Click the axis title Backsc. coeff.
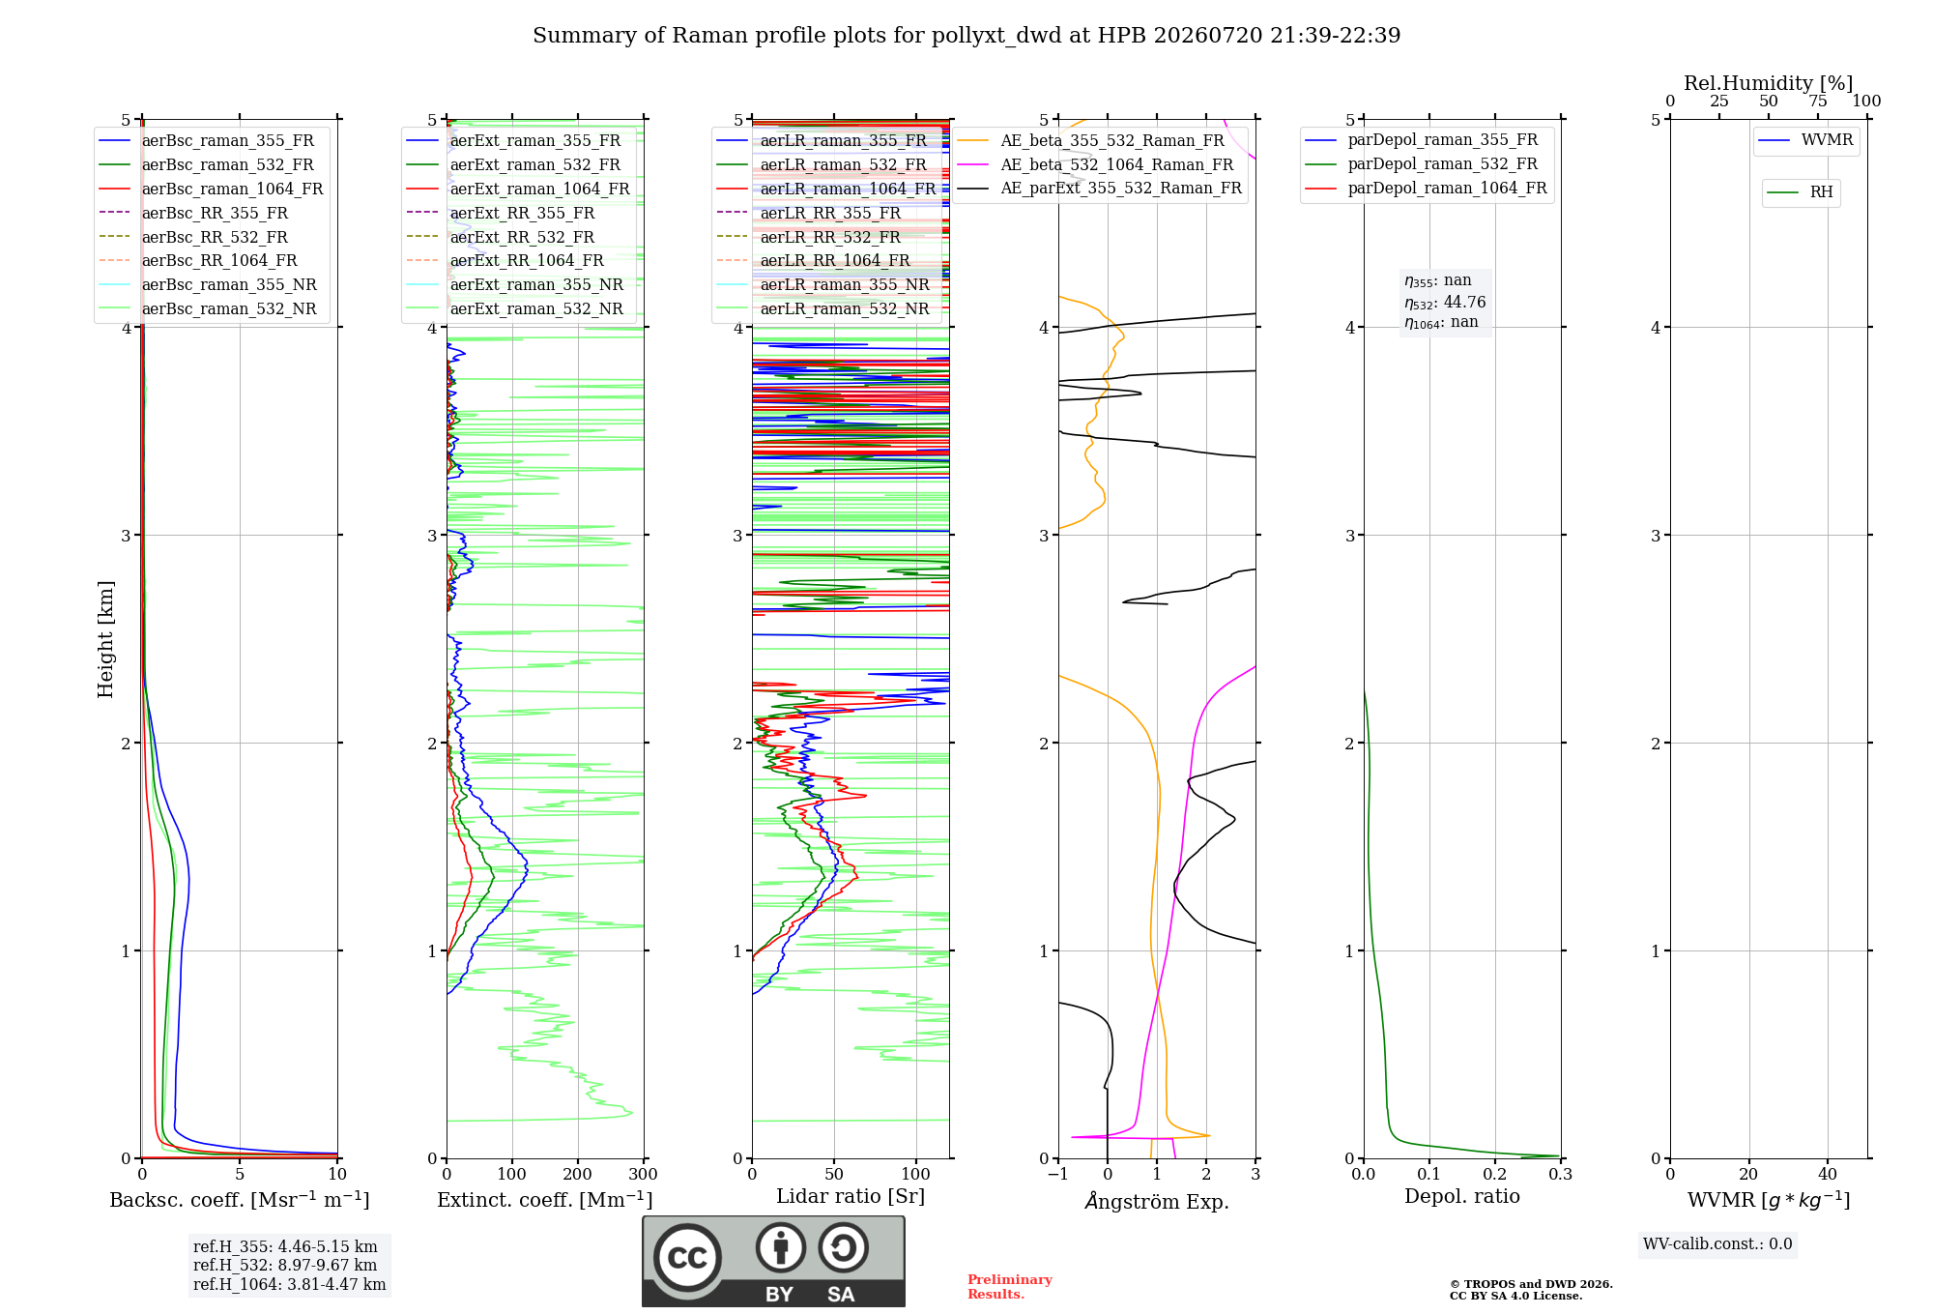click(240, 1200)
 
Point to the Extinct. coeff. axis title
click(545, 1200)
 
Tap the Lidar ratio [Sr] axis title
click(851, 1196)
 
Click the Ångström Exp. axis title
click(1157, 1201)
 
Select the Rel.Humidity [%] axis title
click(1769, 83)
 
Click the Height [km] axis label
click(105, 639)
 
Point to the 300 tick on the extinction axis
click(644, 1175)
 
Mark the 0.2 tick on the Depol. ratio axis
click(1495, 1175)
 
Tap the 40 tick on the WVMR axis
click(1828, 1175)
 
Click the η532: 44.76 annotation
click(1445, 303)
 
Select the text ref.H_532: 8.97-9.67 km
click(285, 1265)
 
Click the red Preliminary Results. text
click(1010, 1287)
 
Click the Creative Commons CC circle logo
click(688, 1257)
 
